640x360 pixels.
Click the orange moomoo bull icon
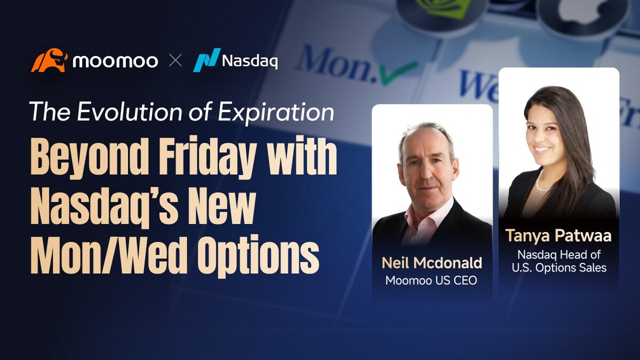pyautogui.click(x=49, y=60)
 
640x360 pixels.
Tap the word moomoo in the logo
pyautogui.click(x=115, y=61)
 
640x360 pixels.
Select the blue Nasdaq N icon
pyautogui.click(x=206, y=60)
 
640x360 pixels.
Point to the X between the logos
pyautogui.click(x=175, y=61)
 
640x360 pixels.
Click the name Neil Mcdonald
pyautogui.click(x=432, y=263)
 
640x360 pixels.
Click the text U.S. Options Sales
pyautogui.click(x=559, y=268)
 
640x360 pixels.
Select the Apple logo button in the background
pyautogui.click(x=581, y=11)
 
